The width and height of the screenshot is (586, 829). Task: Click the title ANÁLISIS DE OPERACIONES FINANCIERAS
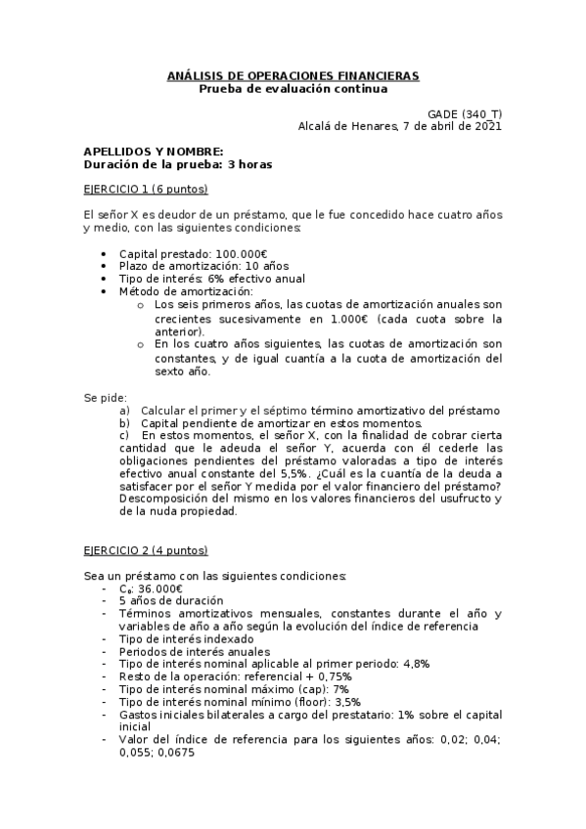(293, 75)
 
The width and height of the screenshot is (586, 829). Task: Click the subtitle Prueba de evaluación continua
(293, 88)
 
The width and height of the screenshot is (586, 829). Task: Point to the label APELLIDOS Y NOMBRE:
(153, 152)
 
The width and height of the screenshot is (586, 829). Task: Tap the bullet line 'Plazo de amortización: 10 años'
(203, 266)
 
